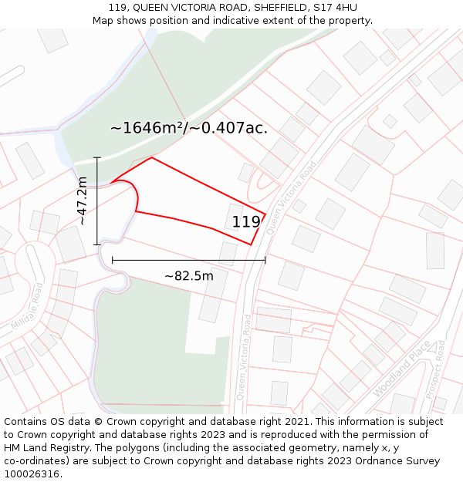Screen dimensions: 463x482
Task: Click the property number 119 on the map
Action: pos(246,222)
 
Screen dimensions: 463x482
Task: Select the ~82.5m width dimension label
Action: pos(189,275)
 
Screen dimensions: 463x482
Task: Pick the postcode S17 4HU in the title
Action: pos(333,8)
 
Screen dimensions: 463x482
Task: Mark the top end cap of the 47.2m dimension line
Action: pos(97,157)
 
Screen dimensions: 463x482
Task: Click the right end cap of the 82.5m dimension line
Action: pos(265,260)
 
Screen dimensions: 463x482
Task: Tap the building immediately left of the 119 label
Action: pos(235,215)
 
